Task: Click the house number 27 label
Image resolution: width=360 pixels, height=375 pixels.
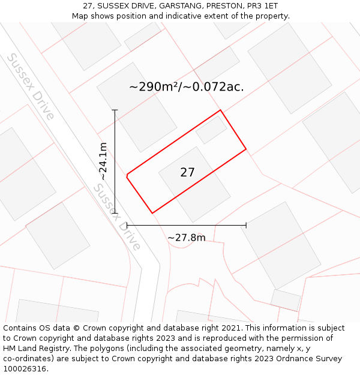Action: (x=187, y=173)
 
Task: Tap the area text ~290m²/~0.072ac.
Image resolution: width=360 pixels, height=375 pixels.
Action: (x=186, y=87)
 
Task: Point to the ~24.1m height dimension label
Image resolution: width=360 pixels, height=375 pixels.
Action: (x=103, y=161)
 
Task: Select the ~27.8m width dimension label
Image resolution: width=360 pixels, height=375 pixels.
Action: (x=186, y=238)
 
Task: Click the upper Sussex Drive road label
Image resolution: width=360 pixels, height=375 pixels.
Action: (x=31, y=86)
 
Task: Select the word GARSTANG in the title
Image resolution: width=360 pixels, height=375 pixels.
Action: (x=178, y=5)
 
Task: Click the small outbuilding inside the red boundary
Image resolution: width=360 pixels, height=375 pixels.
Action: (x=211, y=130)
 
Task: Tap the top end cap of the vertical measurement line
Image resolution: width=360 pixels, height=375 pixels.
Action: (x=115, y=110)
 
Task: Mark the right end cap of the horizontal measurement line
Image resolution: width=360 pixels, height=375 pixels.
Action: (x=246, y=226)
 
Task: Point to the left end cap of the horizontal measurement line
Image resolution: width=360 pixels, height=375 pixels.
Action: (x=127, y=226)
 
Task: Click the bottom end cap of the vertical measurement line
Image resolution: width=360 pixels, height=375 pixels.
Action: (x=115, y=213)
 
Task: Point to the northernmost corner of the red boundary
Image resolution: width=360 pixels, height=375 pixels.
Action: (x=220, y=110)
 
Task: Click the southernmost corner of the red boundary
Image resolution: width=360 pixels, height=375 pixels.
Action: (x=152, y=213)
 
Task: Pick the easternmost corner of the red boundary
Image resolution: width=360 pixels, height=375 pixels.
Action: (x=246, y=149)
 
